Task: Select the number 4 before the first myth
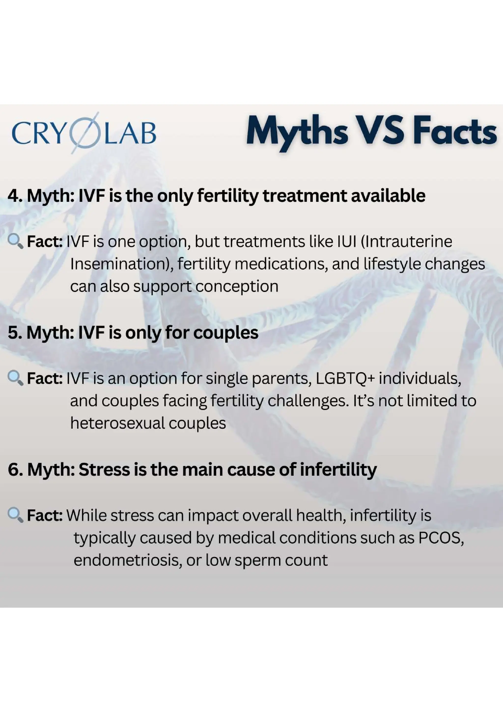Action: pyautogui.click(x=13, y=196)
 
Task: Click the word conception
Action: pyautogui.click(x=237, y=286)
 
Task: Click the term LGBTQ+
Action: pyautogui.click(x=345, y=379)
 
